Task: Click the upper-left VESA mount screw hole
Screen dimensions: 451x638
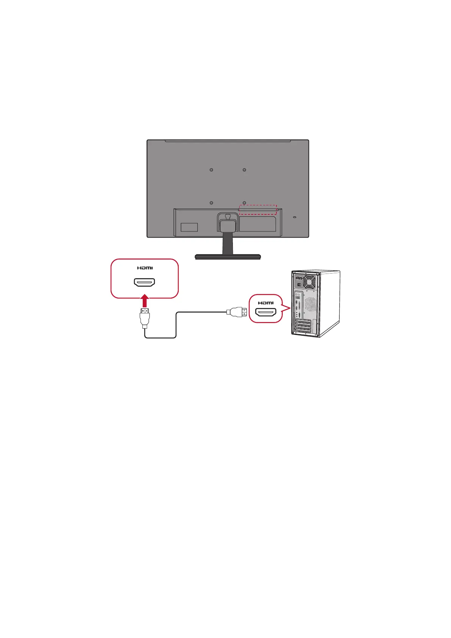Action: [211, 170]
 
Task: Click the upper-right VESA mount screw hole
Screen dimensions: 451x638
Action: [244, 170]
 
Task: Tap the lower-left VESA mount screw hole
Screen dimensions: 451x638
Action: [211, 203]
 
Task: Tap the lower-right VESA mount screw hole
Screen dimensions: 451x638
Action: [244, 203]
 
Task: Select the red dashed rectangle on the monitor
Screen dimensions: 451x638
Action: [257, 210]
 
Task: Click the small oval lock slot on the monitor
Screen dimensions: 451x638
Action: [295, 217]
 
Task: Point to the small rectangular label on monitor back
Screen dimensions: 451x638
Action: [189, 227]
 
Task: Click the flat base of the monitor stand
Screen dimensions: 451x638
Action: [228, 257]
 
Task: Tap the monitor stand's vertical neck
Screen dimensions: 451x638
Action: [228, 242]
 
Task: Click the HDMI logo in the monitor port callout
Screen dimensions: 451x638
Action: [145, 268]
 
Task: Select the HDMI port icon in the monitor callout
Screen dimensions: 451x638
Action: [144, 282]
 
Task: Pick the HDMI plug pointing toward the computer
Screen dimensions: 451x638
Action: [237, 312]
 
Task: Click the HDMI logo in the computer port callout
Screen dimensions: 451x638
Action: [265, 303]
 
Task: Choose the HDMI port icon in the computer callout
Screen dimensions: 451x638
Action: [266, 313]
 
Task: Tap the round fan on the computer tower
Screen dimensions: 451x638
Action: [309, 282]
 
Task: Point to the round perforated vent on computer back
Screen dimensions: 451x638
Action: [310, 303]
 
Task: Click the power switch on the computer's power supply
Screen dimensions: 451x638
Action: [299, 285]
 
